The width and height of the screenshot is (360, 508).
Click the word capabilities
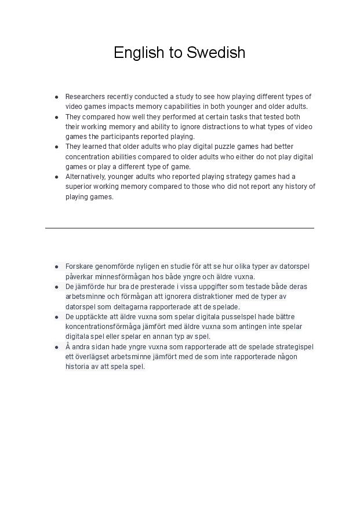click(x=177, y=107)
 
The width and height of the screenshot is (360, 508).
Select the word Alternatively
click(x=85, y=177)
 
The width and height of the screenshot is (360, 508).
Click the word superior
click(x=79, y=187)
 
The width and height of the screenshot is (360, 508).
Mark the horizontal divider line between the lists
click(x=180, y=228)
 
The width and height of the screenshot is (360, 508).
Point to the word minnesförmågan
click(x=119, y=277)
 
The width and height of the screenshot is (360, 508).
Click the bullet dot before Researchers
click(x=57, y=97)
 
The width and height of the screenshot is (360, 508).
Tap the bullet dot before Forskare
click(x=57, y=266)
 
